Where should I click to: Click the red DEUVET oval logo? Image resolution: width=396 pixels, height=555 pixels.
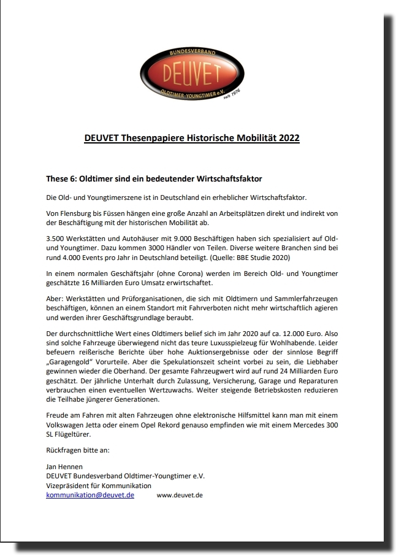pos(191,74)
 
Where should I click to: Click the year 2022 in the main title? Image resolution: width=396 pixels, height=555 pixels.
pos(289,138)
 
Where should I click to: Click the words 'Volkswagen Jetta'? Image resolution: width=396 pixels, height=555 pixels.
pos(75,425)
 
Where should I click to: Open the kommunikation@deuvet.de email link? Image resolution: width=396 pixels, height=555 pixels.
pos(90,494)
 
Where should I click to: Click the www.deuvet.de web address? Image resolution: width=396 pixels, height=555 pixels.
pos(180,494)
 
